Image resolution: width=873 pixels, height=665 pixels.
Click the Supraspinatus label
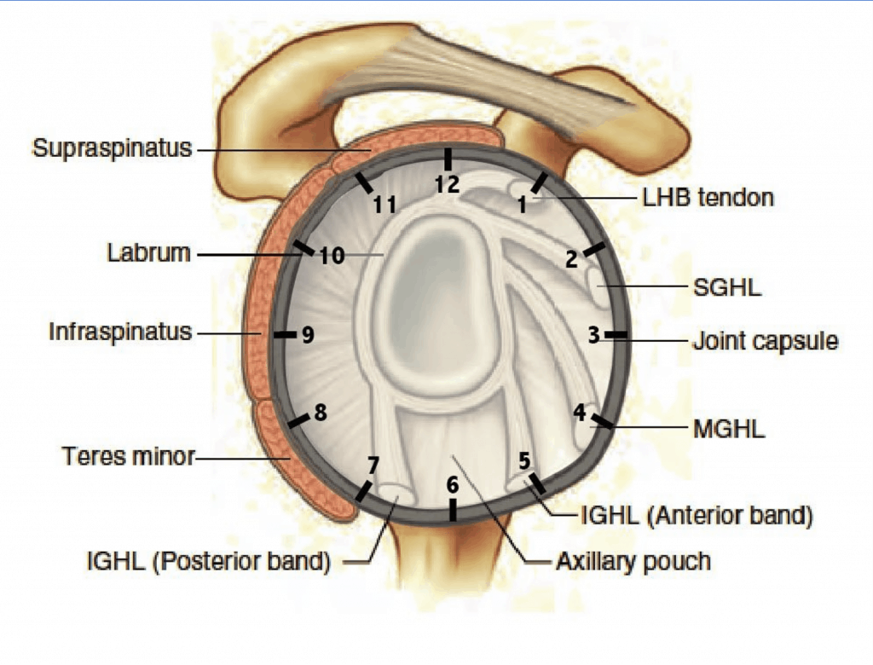[x=112, y=149]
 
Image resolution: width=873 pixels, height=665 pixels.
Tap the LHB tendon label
[x=708, y=198]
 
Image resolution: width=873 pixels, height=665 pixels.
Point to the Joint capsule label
[x=765, y=341]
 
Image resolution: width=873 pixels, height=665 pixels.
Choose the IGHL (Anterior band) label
[x=696, y=515]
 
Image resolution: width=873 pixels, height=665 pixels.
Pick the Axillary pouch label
[x=633, y=561]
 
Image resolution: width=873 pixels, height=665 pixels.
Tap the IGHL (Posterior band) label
[x=208, y=562]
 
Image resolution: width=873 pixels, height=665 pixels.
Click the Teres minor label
[x=128, y=456]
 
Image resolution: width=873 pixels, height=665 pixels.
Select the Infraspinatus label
[x=119, y=332]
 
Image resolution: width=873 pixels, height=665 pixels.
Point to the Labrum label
[x=148, y=253]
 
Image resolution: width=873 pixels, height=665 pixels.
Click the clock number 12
[x=447, y=184]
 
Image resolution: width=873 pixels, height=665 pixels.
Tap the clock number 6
[x=453, y=484]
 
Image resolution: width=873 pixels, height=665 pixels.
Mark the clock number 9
[x=308, y=335]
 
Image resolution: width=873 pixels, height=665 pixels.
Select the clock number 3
[x=593, y=334]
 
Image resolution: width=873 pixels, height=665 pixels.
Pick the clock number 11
[x=384, y=205]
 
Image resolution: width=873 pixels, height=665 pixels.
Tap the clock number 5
[x=524, y=460]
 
